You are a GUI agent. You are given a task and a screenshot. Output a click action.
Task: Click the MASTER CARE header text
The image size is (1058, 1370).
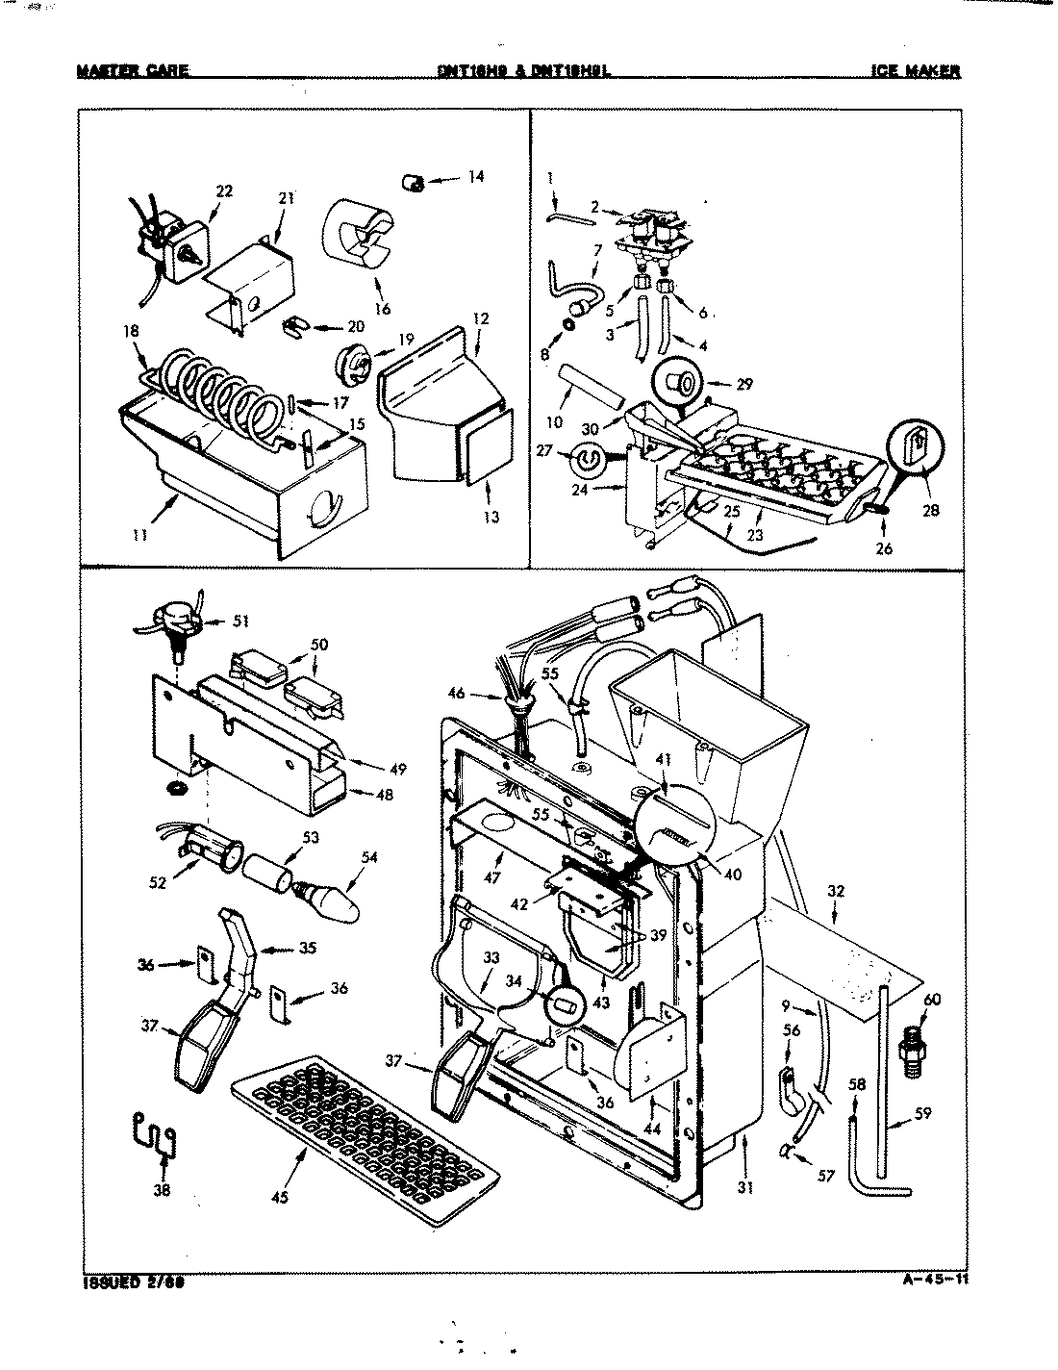pos(133,70)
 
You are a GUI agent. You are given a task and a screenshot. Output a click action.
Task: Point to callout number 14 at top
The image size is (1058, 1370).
pos(476,177)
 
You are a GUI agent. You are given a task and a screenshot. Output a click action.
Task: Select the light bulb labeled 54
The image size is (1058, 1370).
pos(332,898)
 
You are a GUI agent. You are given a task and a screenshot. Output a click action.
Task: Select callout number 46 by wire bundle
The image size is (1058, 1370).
pos(457,691)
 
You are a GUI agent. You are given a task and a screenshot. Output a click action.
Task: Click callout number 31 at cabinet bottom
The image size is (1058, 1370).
pos(744,1187)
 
